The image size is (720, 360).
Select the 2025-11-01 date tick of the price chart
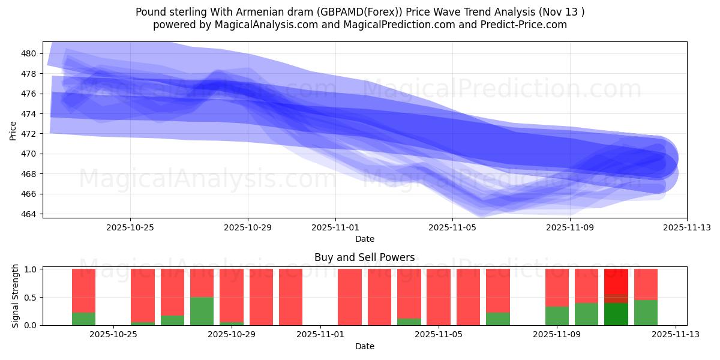(335, 227)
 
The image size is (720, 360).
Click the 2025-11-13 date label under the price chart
(687, 227)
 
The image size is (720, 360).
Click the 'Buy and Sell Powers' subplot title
(364, 257)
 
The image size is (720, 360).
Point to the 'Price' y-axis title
(13, 130)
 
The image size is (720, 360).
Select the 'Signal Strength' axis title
(16, 296)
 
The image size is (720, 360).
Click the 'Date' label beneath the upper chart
(364, 239)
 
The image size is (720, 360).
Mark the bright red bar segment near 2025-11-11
(616, 281)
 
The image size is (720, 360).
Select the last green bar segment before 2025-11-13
(646, 313)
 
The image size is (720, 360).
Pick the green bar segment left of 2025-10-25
(84, 319)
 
